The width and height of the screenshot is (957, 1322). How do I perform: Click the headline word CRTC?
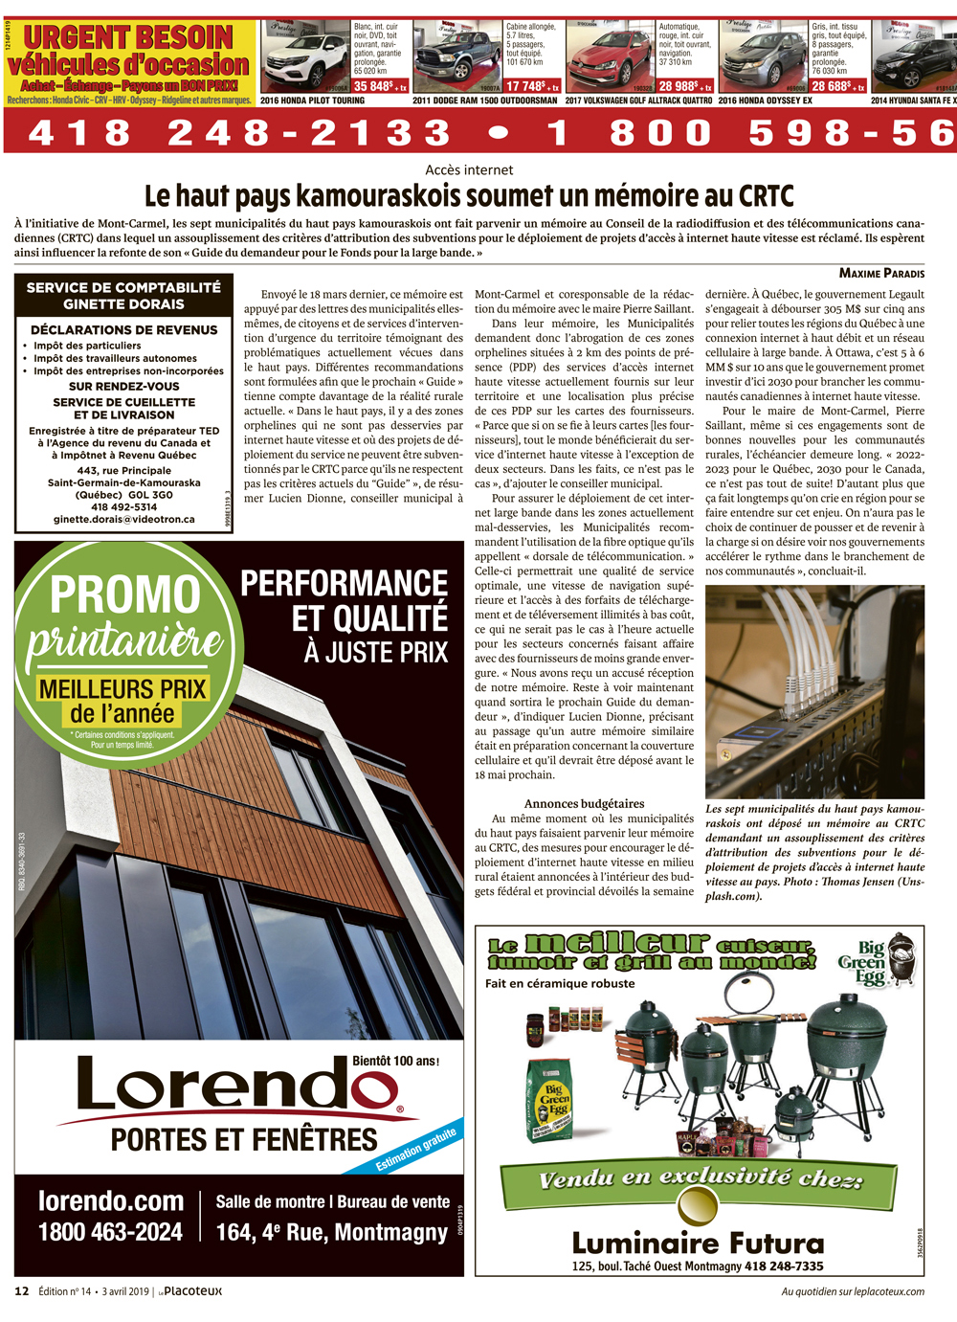pos(766,196)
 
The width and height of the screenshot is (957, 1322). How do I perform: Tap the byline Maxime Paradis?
pos(881,273)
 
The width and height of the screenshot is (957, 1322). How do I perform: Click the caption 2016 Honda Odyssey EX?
pos(766,101)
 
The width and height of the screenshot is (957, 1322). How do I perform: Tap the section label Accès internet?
pos(469,170)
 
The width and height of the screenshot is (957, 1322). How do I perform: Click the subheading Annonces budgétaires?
pos(584,804)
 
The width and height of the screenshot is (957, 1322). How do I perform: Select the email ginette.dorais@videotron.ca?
pos(124,520)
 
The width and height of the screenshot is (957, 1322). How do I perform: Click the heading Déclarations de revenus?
pos(124,329)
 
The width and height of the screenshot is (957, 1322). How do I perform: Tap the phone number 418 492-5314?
pos(124,507)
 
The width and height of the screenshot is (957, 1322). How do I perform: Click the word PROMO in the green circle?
pos(124,594)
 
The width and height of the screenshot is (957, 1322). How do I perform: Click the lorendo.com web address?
pos(111,1201)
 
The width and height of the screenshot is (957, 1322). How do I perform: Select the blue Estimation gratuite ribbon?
pos(416,1150)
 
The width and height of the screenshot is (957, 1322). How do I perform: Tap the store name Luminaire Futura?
pos(698,1244)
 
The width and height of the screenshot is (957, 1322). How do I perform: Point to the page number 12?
pos(22,1291)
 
